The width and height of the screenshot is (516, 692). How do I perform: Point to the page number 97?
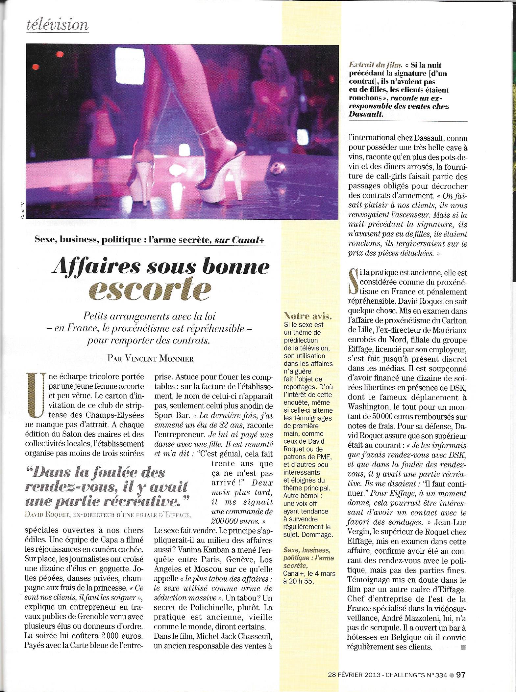[460, 676]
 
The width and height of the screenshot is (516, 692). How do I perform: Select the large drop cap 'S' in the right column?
[353, 282]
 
